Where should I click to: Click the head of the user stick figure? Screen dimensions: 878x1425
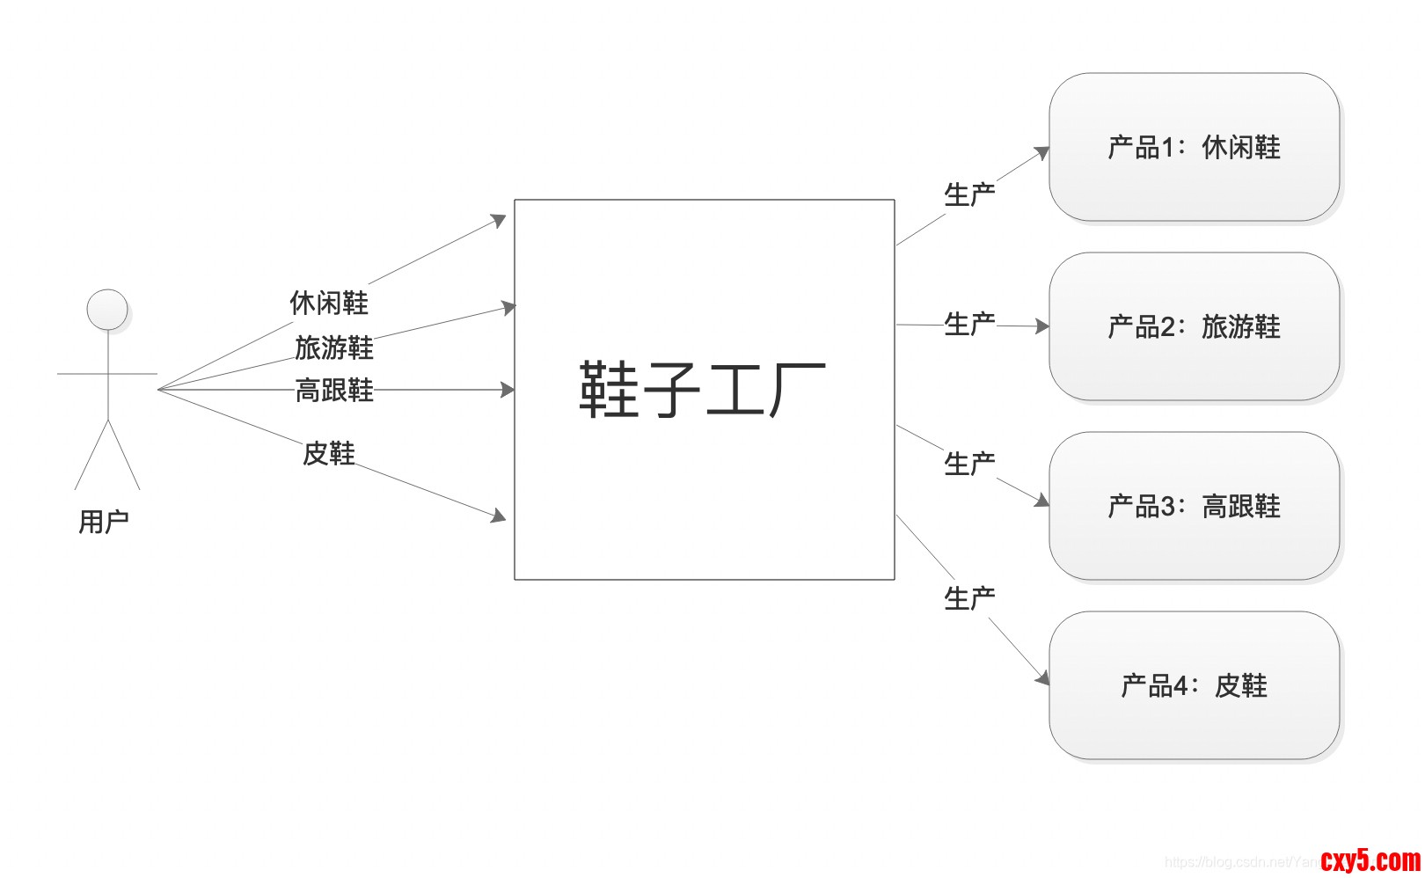click(x=107, y=310)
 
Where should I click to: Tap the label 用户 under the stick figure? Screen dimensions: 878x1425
click(x=104, y=522)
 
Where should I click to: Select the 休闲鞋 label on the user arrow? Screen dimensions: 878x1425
click(x=329, y=303)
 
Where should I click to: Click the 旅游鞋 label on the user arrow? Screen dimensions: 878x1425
click(x=334, y=348)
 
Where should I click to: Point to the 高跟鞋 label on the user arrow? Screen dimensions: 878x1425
click(x=334, y=390)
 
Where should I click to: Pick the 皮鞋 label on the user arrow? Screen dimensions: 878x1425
click(x=329, y=453)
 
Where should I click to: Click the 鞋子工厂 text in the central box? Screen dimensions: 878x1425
click(x=702, y=390)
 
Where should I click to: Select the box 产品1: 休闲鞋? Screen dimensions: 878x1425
click(x=1194, y=147)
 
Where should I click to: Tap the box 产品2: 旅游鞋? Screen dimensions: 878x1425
click(x=1194, y=326)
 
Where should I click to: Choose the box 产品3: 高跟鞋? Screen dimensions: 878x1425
click(x=1194, y=506)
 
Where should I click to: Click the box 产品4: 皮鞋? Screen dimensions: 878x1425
click(x=1194, y=685)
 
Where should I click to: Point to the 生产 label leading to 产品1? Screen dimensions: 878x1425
click(x=969, y=194)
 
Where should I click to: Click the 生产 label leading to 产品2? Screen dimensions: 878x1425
click(x=969, y=324)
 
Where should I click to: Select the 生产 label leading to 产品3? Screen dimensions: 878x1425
click(x=969, y=464)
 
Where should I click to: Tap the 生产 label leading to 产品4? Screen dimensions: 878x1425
click(x=969, y=598)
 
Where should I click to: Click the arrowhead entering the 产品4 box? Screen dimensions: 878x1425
click(x=1043, y=678)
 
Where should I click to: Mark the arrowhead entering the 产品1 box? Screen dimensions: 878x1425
click(x=1042, y=153)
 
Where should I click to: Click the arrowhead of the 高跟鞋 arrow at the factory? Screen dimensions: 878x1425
click(x=508, y=390)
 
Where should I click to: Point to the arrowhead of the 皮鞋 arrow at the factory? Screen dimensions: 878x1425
click(x=499, y=516)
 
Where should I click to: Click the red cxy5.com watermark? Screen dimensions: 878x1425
click(x=1370, y=860)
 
